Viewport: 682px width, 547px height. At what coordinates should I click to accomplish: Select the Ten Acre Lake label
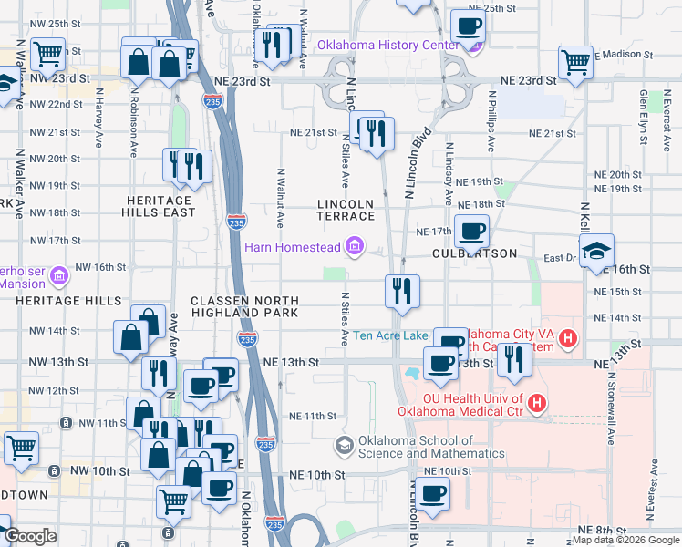(390, 335)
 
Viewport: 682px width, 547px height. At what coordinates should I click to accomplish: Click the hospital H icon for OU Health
(537, 401)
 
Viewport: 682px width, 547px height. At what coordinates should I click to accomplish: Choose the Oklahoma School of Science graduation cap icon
(344, 445)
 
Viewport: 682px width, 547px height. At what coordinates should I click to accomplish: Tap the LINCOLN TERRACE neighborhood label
(346, 210)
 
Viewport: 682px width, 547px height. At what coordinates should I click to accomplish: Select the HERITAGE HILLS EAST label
(159, 206)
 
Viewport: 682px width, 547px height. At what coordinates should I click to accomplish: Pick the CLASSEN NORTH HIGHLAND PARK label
(244, 306)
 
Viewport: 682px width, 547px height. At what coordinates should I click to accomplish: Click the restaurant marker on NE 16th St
(402, 291)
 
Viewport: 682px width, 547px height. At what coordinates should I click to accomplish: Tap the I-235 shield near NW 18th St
(236, 222)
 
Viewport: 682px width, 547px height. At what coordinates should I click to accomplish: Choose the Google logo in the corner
(31, 537)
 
